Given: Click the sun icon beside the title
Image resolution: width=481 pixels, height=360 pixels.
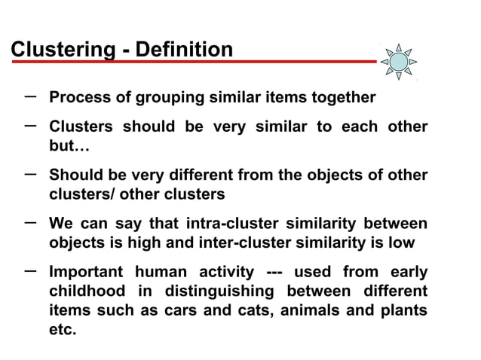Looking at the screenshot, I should [x=398, y=61].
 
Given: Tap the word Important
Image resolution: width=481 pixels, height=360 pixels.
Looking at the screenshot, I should [x=86, y=272].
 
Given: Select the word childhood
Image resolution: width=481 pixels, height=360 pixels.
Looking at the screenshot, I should [x=87, y=291].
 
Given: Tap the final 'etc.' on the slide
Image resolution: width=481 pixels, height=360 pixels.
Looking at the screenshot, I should [x=63, y=331].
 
